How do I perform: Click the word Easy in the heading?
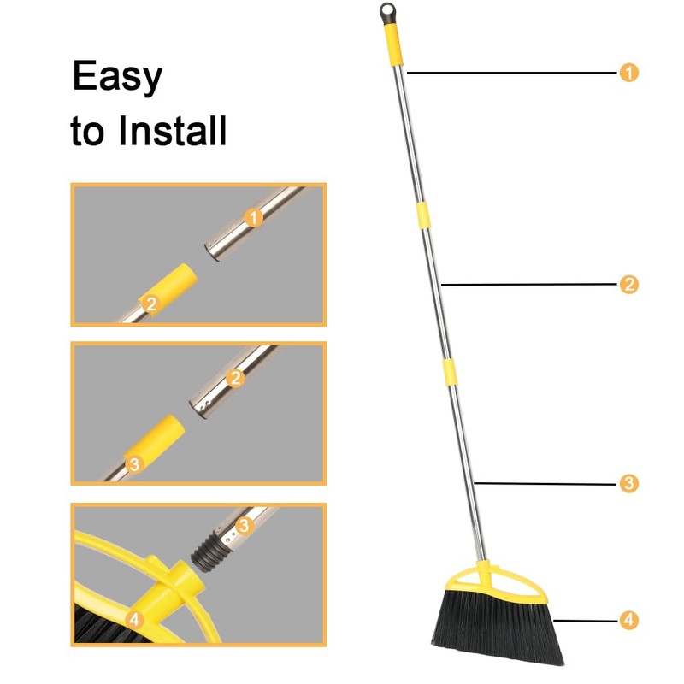(116, 77)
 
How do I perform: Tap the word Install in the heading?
(172, 132)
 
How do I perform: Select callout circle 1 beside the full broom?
(628, 73)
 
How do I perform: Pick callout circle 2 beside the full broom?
(628, 284)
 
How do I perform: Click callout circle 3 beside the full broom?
(628, 484)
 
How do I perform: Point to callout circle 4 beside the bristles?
(628, 620)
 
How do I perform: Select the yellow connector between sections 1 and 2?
(422, 214)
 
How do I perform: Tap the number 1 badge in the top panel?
(252, 218)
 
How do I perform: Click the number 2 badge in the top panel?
(151, 303)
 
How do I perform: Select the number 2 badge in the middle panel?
(237, 375)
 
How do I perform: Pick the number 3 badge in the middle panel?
(134, 463)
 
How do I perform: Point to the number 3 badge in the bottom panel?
(244, 524)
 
